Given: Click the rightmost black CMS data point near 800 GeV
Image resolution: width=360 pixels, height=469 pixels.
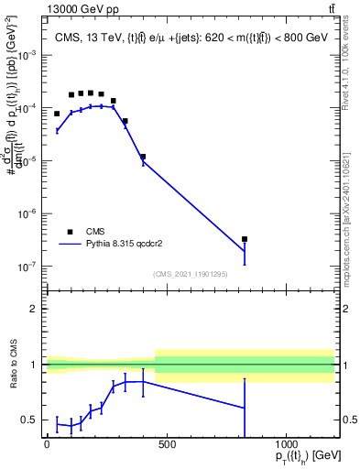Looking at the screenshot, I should (x=245, y=239).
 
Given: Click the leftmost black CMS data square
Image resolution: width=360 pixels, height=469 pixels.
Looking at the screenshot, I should (x=57, y=114).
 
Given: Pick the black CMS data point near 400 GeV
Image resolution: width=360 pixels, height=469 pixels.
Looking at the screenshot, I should (x=143, y=157).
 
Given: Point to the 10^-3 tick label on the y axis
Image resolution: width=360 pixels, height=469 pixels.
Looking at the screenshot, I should (x=29, y=55).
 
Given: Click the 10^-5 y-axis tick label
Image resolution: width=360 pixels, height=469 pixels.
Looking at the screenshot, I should (x=29, y=161).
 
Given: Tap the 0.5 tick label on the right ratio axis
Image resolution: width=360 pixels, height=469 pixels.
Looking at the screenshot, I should (x=350, y=420).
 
